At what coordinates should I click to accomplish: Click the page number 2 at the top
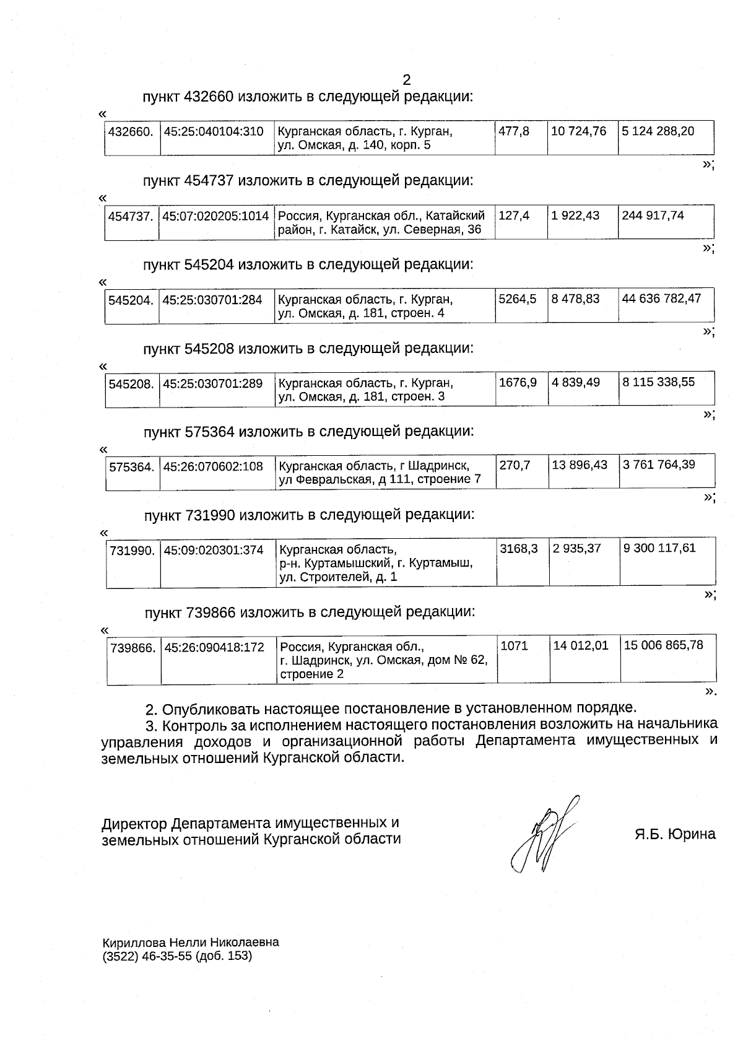[x=406, y=80]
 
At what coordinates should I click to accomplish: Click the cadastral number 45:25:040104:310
[x=214, y=131]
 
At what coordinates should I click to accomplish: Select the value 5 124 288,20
[x=658, y=131]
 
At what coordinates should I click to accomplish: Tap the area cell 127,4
[x=514, y=216]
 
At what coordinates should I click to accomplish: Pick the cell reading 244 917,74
[x=653, y=216]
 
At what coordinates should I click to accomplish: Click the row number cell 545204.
[x=131, y=300]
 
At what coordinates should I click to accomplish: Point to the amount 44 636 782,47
[x=661, y=299]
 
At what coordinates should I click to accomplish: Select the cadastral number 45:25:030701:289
[x=213, y=383]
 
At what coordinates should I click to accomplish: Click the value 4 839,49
[x=576, y=382]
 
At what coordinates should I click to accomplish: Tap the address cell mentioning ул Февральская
[x=380, y=473]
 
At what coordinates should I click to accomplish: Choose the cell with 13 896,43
[x=580, y=464]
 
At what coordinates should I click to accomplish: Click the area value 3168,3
[x=518, y=548]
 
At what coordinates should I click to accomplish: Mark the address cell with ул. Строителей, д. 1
[x=376, y=563]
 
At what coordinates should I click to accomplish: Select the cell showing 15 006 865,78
[x=663, y=645]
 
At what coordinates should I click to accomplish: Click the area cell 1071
[x=514, y=646]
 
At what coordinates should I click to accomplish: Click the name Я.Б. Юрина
[x=674, y=834]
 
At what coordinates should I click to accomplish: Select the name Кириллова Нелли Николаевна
[x=191, y=942]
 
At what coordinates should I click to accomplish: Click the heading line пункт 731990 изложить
[x=310, y=515]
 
